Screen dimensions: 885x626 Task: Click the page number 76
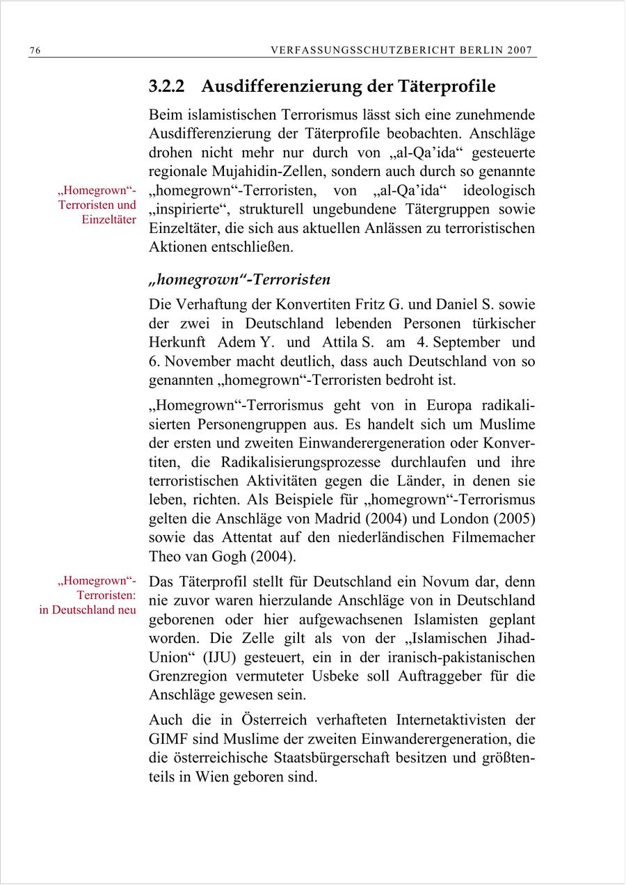point(35,51)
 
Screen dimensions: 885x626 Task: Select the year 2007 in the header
point(520,51)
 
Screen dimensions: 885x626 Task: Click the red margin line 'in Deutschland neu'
point(88,609)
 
